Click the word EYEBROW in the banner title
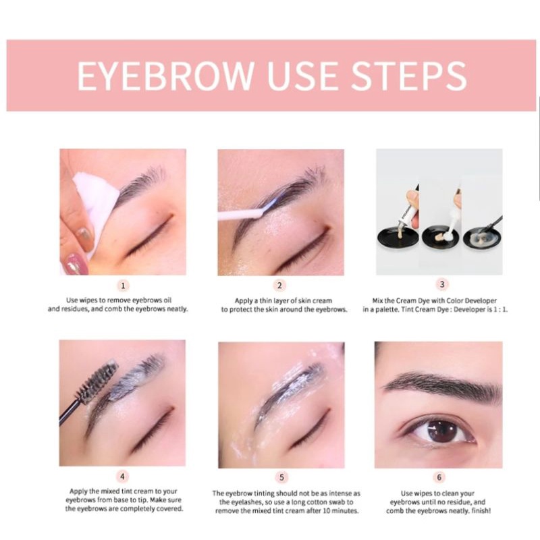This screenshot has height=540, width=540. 165,76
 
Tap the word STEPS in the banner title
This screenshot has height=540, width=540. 409,76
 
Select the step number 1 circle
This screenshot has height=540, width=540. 123,286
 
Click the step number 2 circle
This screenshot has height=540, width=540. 279,286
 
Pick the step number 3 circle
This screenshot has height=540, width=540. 442,284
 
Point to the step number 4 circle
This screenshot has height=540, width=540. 122,477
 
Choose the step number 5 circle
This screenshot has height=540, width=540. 281,477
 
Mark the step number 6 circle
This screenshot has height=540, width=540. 439,477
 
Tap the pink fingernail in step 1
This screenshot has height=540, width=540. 75,263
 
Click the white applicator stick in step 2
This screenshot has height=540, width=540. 241,215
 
